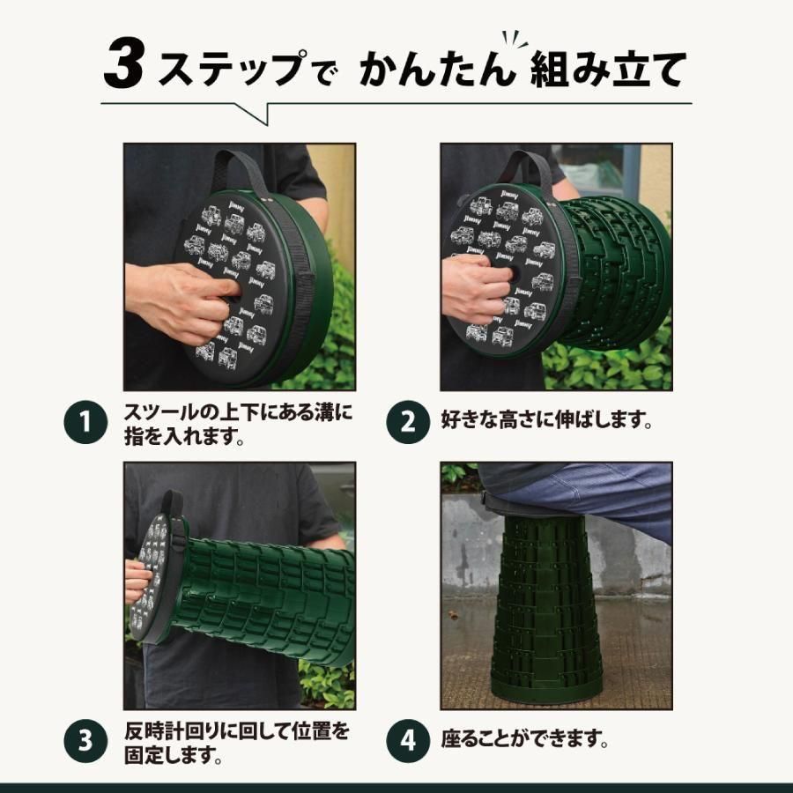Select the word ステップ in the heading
tap(231, 67)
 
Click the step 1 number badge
tap(85, 422)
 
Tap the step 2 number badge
tap(408, 422)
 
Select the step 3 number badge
tap(85, 740)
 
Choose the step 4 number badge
tap(408, 740)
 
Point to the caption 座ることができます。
tap(524, 739)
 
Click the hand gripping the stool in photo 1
tap(182, 303)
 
